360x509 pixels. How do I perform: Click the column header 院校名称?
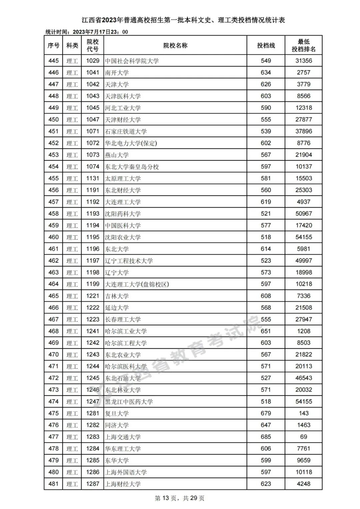(x=175, y=45)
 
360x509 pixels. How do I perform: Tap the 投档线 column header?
(x=266, y=45)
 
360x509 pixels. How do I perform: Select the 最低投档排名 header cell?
(x=303, y=45)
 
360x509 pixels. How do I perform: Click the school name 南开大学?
(x=117, y=73)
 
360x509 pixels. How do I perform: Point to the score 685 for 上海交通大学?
(x=266, y=437)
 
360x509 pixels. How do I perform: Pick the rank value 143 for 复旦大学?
(x=303, y=413)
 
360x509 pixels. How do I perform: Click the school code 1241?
(x=93, y=331)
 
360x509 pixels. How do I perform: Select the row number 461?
(x=53, y=249)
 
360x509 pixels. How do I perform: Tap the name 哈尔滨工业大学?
(x=126, y=331)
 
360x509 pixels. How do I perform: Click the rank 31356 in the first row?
(x=303, y=61)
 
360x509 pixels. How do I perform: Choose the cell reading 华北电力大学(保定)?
(x=131, y=143)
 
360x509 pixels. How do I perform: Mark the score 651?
(x=266, y=331)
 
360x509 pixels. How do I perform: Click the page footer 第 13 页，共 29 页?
(x=180, y=498)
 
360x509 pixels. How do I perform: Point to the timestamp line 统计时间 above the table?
(x=87, y=32)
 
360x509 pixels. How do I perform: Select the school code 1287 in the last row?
(x=93, y=484)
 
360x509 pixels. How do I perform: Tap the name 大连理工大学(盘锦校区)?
(x=137, y=284)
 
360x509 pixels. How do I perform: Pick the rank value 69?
(x=303, y=437)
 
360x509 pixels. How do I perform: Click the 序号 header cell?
(x=53, y=45)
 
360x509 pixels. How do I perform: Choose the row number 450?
(x=53, y=120)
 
